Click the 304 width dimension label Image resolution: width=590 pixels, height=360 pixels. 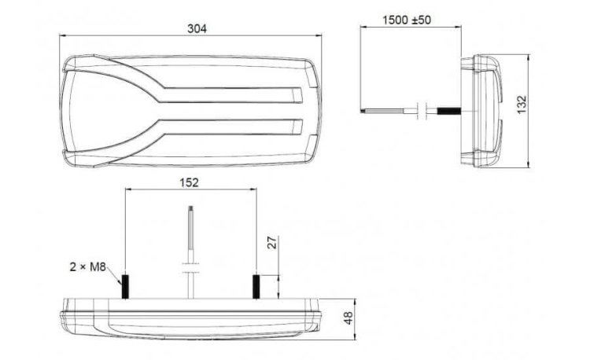(197, 28)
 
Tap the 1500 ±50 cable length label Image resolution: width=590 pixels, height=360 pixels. (407, 20)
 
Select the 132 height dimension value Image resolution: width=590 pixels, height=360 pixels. (521, 105)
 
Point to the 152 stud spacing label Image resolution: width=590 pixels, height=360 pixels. (189, 182)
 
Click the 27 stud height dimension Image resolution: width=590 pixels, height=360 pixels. (272, 242)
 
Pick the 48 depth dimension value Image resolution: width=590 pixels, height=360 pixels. (348, 318)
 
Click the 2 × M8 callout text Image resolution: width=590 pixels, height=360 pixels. (87, 267)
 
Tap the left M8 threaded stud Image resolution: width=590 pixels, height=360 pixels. (125, 287)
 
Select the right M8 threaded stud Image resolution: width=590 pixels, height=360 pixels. (256, 287)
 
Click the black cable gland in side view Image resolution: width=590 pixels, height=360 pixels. (449, 111)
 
